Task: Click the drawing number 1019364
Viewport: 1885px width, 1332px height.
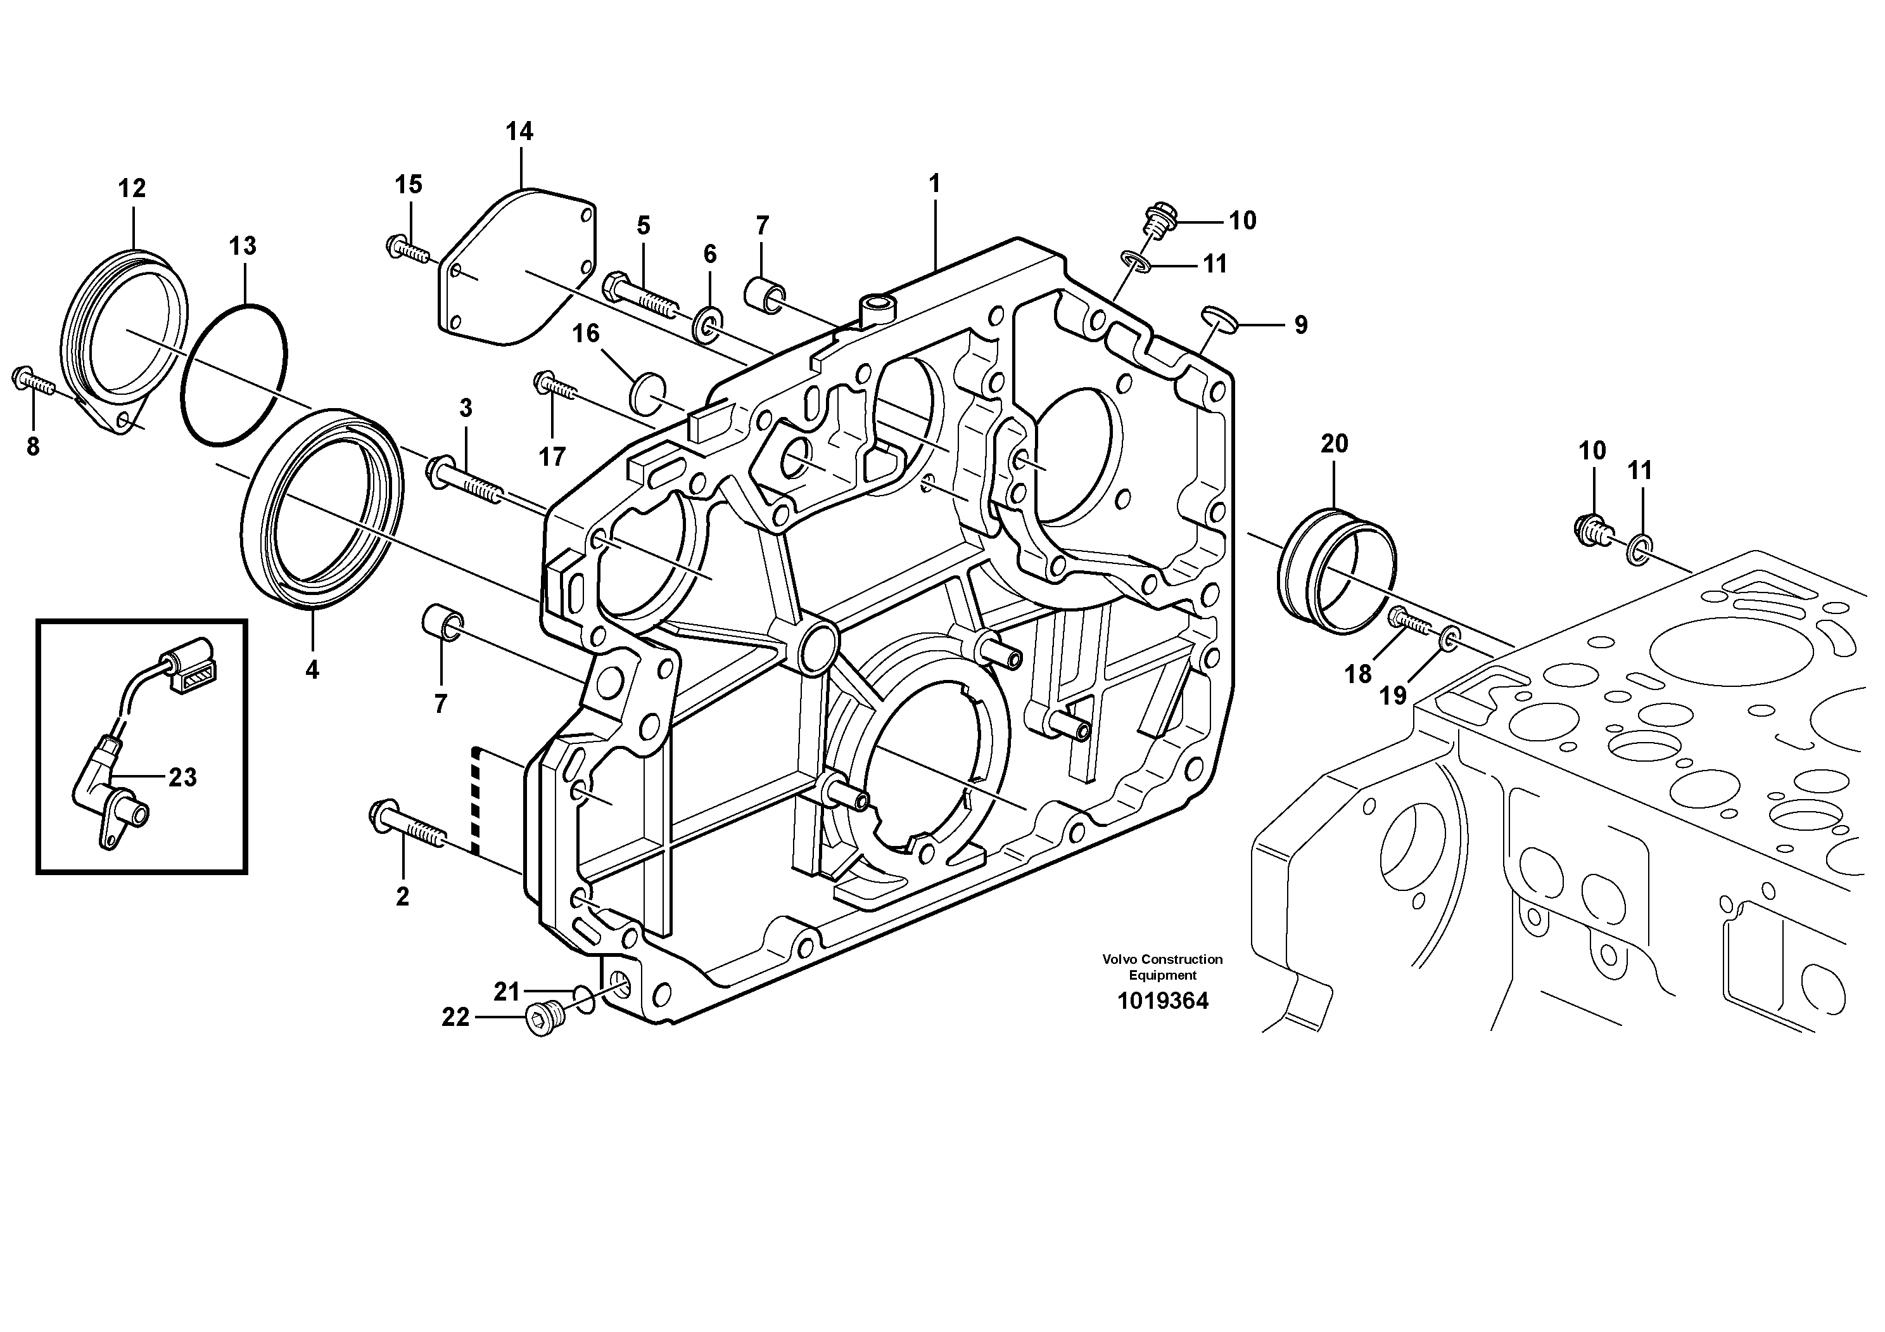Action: point(1162,1001)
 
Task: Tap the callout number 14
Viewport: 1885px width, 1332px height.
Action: point(519,131)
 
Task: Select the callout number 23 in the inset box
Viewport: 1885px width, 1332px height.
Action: point(182,777)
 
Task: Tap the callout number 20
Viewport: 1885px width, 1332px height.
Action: point(1334,444)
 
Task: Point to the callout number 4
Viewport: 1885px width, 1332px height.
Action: point(312,670)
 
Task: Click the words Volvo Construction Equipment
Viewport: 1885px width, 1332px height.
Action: point(1162,966)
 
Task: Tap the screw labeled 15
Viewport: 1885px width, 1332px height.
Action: point(407,247)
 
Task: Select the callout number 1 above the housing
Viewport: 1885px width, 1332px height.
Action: point(934,184)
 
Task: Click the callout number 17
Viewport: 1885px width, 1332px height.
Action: point(552,457)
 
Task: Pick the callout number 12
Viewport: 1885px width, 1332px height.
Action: point(131,189)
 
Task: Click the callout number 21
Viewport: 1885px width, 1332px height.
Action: point(507,992)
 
